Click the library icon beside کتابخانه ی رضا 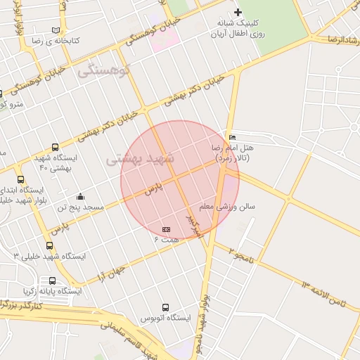56,30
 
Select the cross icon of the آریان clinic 238,12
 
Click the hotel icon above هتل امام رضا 232,137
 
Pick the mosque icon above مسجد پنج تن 80,196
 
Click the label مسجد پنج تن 81,208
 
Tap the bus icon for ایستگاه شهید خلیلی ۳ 49,245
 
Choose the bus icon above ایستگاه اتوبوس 166,307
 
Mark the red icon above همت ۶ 167,229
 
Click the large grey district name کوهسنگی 104,70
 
